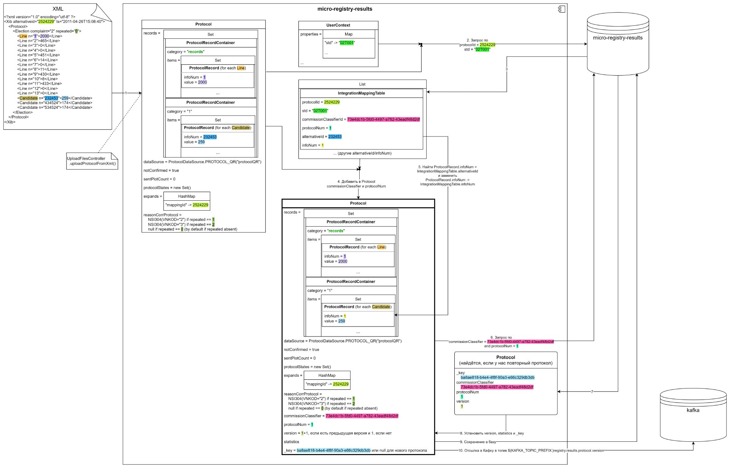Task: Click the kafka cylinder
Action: [x=693, y=415]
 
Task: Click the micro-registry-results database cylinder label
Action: [x=617, y=38]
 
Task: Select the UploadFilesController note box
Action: [x=92, y=161]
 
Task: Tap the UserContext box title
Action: [x=338, y=25]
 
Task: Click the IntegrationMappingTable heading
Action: [x=361, y=93]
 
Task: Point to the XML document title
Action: [x=58, y=9]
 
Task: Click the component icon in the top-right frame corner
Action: [x=561, y=9]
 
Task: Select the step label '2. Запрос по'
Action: [x=477, y=40]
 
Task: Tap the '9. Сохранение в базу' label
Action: [x=478, y=442]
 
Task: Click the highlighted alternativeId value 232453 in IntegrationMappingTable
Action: [x=335, y=136]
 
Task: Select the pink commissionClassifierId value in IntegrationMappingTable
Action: [x=383, y=119]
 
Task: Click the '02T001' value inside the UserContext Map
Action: [x=347, y=43]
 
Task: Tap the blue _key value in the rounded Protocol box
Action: [x=497, y=378]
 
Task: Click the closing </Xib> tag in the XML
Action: [x=10, y=122]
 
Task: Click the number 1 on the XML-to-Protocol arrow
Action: [x=126, y=93]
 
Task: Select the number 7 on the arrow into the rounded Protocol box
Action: [x=592, y=392]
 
